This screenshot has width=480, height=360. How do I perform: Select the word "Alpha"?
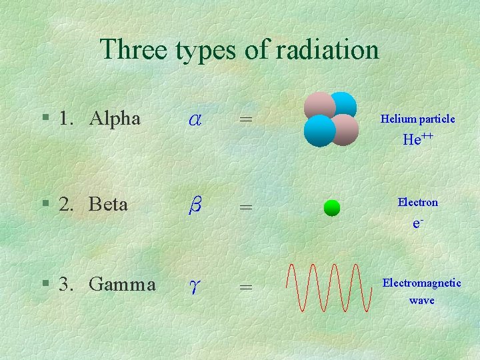coord(115,119)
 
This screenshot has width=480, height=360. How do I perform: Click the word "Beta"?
coord(108,204)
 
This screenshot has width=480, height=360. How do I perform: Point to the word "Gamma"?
coord(122,285)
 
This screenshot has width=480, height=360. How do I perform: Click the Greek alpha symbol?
coord(195,119)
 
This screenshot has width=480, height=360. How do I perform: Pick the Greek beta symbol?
coord(195,205)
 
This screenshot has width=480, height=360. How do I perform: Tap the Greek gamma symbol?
coord(194,287)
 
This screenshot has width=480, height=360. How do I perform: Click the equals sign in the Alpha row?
coord(246,119)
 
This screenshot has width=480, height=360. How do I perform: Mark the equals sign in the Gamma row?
coord(246,287)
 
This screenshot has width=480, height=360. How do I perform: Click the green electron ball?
coord(331,208)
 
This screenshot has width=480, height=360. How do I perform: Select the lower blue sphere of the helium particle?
coord(319,131)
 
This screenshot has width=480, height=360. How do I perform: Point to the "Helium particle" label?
coord(417,119)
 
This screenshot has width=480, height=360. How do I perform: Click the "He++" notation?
coord(418,139)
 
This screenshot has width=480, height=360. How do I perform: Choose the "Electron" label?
coord(417,202)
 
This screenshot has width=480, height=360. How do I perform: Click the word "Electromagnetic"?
coord(421,283)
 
